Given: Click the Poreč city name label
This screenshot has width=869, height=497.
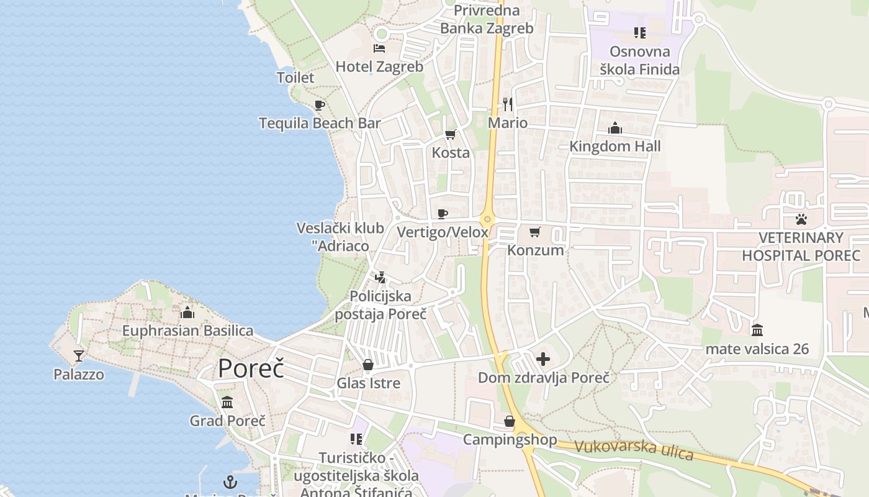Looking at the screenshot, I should pyautogui.click(x=251, y=368).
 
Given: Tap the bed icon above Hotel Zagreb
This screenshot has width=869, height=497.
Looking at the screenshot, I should pyautogui.click(x=379, y=48).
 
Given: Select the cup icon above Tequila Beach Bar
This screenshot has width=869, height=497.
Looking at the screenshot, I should pyautogui.click(x=319, y=105).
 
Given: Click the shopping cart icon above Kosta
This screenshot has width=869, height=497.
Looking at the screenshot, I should pyautogui.click(x=451, y=134).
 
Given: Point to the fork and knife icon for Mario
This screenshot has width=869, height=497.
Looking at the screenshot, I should pyautogui.click(x=508, y=103).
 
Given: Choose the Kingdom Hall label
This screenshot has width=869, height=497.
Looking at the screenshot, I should pyautogui.click(x=615, y=147).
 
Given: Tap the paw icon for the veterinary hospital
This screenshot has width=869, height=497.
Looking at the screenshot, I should pyautogui.click(x=801, y=219).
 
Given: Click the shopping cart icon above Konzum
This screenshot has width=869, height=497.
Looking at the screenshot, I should pyautogui.click(x=535, y=232).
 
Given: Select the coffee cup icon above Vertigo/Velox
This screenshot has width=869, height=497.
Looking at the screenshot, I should pyautogui.click(x=442, y=214).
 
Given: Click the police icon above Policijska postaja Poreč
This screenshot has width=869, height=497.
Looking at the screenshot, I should pyautogui.click(x=380, y=277).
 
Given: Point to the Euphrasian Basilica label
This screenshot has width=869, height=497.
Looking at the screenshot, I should pyautogui.click(x=187, y=331).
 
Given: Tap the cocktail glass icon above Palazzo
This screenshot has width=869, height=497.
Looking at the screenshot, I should pyautogui.click(x=79, y=356).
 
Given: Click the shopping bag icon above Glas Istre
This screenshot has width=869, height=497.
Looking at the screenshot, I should pyautogui.click(x=368, y=365).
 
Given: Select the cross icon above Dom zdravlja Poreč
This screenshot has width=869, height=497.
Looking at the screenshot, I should pyautogui.click(x=543, y=359).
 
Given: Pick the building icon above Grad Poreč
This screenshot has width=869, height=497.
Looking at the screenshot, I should pyautogui.click(x=227, y=403).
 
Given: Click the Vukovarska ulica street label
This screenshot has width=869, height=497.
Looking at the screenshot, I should pyautogui.click(x=634, y=449).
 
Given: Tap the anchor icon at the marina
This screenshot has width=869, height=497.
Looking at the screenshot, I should pyautogui.click(x=230, y=481).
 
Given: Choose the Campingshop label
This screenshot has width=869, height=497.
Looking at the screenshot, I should pyautogui.click(x=510, y=440).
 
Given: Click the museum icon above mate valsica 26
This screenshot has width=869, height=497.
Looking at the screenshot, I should pyautogui.click(x=757, y=330).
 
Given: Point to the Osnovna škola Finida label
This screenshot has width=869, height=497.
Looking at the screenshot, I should pyautogui.click(x=640, y=60).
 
